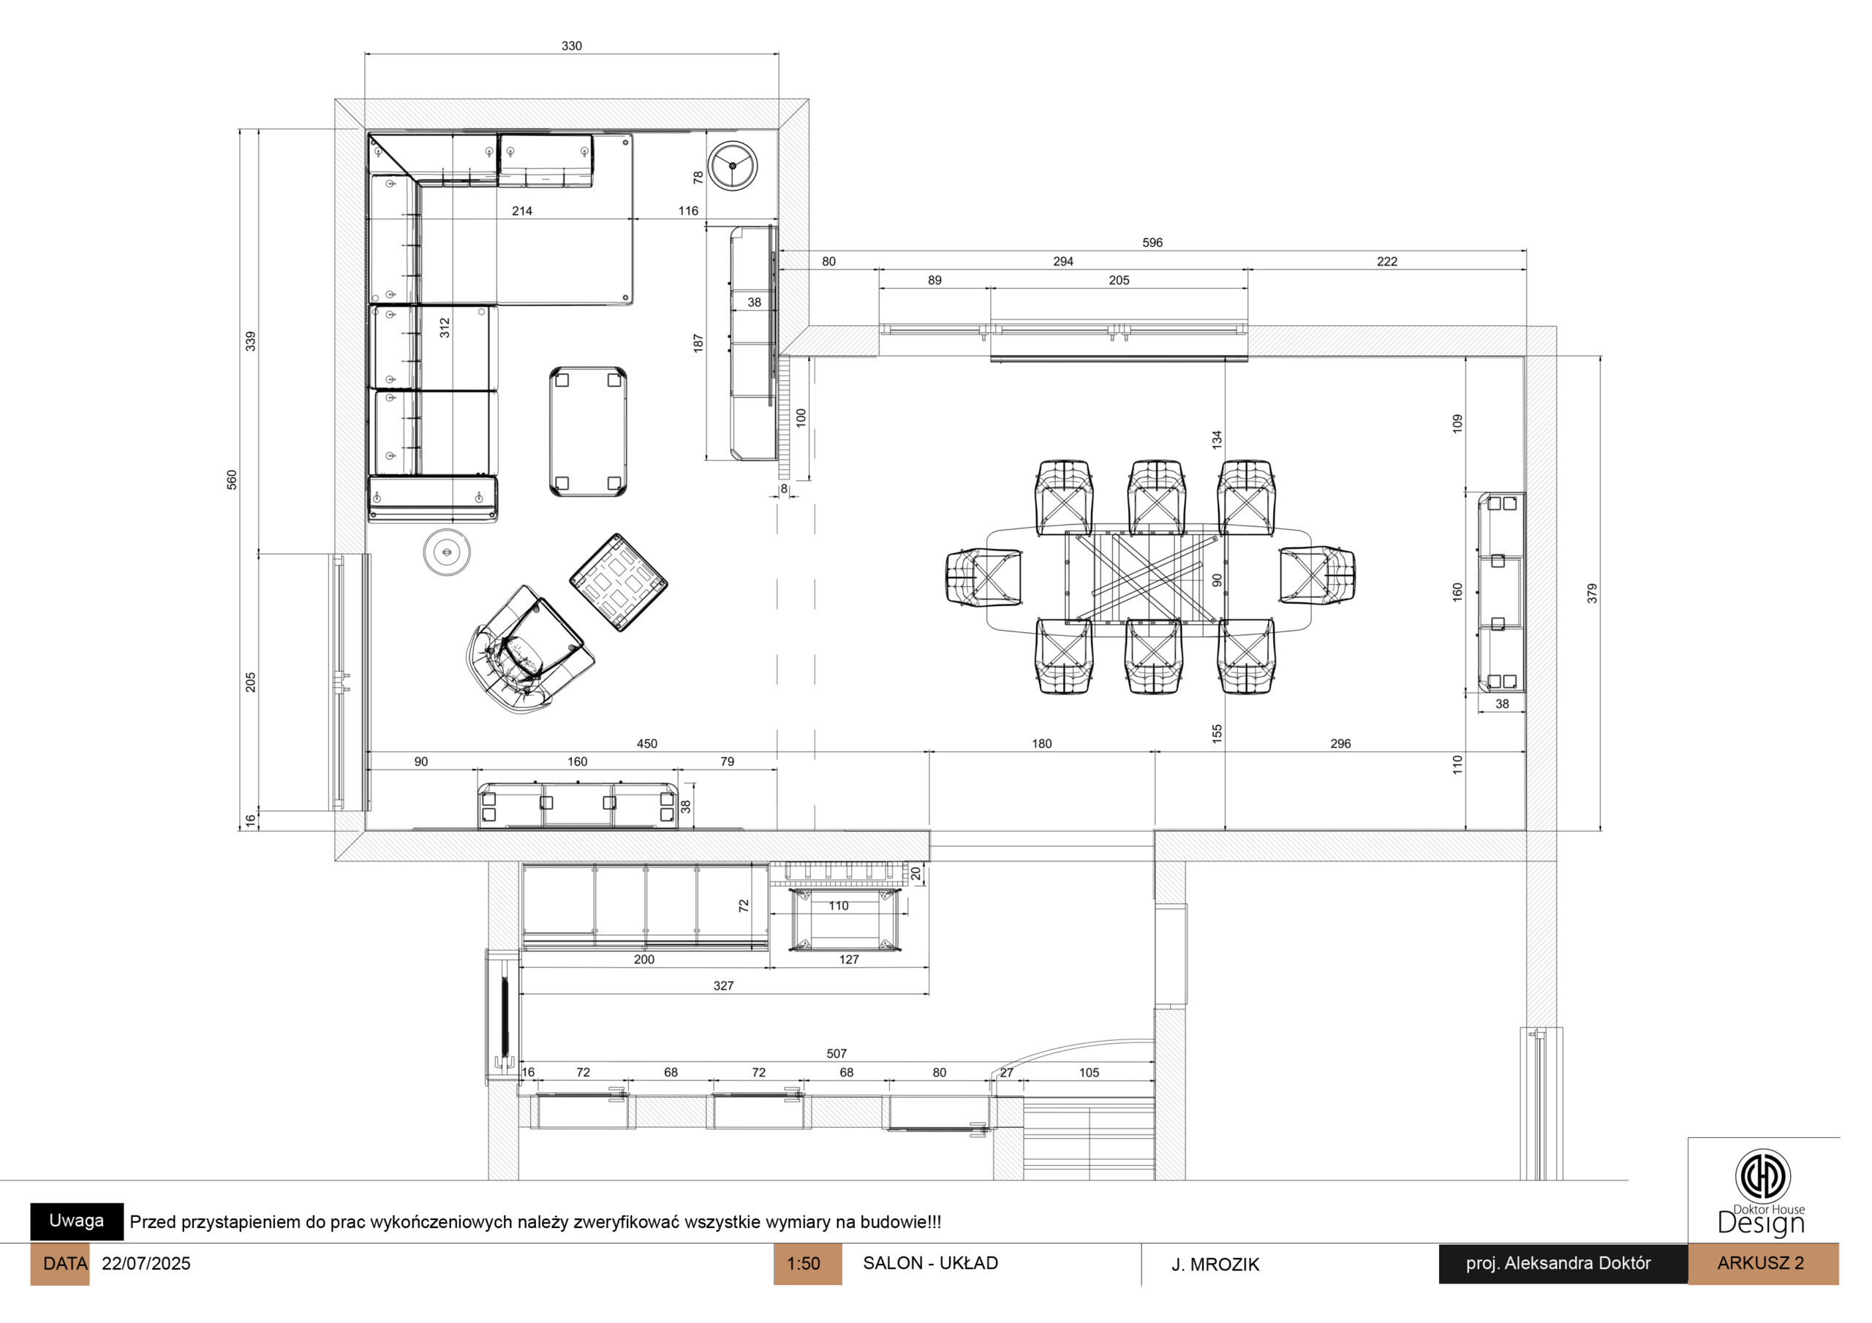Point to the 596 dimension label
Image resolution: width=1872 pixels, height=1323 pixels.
click(1152, 243)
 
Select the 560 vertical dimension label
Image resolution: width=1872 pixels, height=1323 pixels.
click(233, 479)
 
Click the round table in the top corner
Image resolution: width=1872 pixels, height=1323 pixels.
click(732, 165)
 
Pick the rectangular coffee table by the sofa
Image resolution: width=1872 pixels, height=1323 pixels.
click(588, 431)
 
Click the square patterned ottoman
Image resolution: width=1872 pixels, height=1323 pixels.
click(618, 582)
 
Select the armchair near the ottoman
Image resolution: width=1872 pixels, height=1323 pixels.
click(530, 650)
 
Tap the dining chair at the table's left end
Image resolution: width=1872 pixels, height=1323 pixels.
click(984, 577)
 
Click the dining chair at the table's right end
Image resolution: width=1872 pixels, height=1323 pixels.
click(1317, 575)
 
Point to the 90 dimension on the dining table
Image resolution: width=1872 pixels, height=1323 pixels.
click(1218, 580)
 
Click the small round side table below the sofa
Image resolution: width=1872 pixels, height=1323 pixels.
click(447, 552)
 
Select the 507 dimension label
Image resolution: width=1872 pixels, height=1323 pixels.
click(837, 1054)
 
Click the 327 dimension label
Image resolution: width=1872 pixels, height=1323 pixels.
click(723, 986)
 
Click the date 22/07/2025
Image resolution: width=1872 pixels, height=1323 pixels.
click(146, 1264)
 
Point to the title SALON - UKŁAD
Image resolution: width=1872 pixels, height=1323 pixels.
click(930, 1262)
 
